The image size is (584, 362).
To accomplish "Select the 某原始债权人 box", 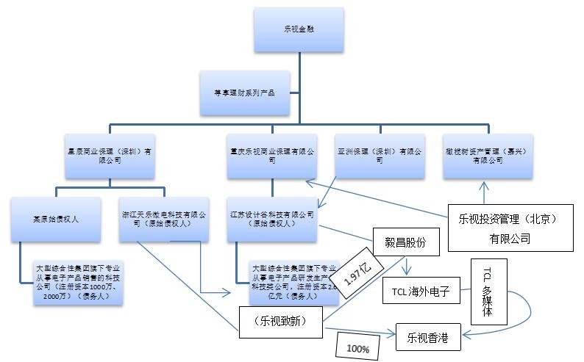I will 55,218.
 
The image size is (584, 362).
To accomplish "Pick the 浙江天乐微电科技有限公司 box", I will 164,218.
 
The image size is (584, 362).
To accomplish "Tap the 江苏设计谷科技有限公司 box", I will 272,218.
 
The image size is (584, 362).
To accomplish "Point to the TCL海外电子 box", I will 421,292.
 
